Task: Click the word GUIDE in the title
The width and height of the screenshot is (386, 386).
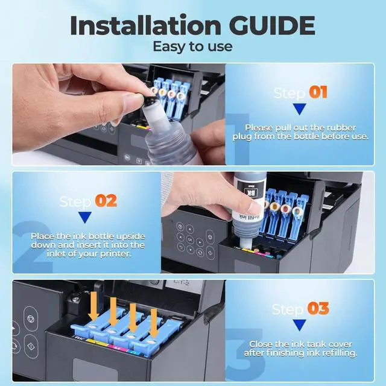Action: click(x=272, y=25)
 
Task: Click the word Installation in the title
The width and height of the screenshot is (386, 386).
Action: click(x=145, y=25)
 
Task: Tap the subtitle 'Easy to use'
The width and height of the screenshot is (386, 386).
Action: click(x=192, y=46)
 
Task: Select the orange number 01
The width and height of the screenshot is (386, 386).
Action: click(x=318, y=92)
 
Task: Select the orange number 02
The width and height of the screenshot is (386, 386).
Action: click(x=106, y=201)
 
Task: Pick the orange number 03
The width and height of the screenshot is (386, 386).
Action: click(x=318, y=308)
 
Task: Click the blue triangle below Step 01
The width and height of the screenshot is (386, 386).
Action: click(x=300, y=109)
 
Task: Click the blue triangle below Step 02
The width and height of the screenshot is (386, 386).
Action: click(x=85, y=217)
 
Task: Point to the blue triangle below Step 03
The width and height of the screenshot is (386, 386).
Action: click(x=300, y=325)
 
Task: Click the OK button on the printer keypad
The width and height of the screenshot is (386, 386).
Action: click(x=190, y=239)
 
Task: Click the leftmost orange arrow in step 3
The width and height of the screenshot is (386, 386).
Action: click(x=93, y=306)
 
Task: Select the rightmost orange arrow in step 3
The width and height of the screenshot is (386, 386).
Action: click(x=154, y=323)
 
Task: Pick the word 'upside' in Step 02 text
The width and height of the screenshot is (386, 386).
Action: click(x=130, y=236)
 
